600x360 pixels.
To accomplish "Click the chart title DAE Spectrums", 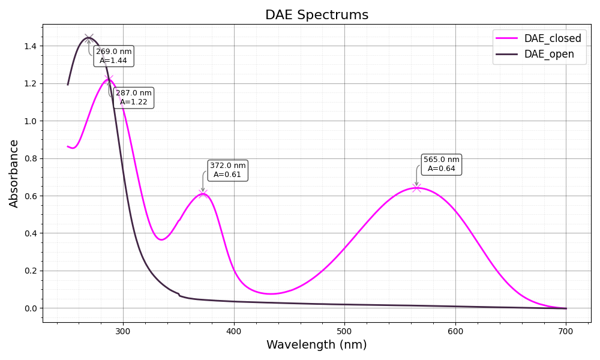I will click(x=317, y=15).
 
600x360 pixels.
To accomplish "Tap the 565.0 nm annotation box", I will click(x=441, y=164).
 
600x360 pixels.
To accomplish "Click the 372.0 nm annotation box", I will click(x=227, y=170).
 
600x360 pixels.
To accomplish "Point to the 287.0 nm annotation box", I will click(x=133, y=97).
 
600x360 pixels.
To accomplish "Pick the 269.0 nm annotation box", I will click(x=113, y=56).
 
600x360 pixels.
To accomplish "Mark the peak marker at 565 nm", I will click(x=416, y=188).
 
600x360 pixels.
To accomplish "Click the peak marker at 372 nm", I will click(x=203, y=193).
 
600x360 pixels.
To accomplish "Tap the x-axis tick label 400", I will click(x=234, y=331).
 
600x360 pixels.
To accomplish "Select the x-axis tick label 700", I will click(x=566, y=331).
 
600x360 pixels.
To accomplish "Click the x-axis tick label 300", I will click(x=123, y=331).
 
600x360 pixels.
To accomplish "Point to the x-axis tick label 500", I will click(x=344, y=331).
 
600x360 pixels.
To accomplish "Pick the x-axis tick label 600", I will click(x=455, y=331).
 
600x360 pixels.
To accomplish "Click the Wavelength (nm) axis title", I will click(x=316, y=345).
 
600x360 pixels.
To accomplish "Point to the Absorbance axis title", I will click(x=14, y=173).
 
